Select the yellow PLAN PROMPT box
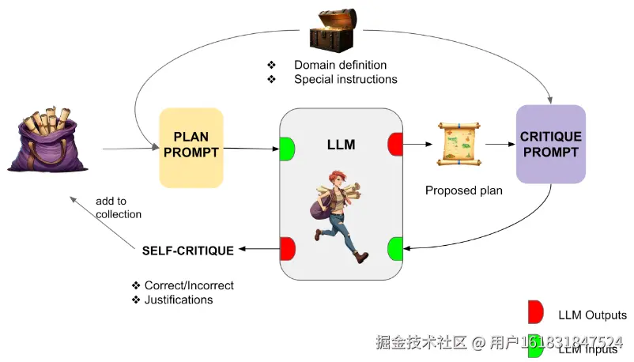(x=191, y=147)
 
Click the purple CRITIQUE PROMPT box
(x=550, y=143)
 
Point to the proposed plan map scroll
(x=459, y=144)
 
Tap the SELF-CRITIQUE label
(x=187, y=251)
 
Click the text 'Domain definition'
(x=340, y=64)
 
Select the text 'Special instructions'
(x=345, y=79)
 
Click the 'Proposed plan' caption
(x=463, y=190)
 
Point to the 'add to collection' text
(x=119, y=207)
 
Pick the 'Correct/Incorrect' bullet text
(x=189, y=285)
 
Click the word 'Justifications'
(x=179, y=300)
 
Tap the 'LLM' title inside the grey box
(x=341, y=145)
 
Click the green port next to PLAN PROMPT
(x=287, y=148)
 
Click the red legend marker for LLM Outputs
(x=536, y=312)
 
